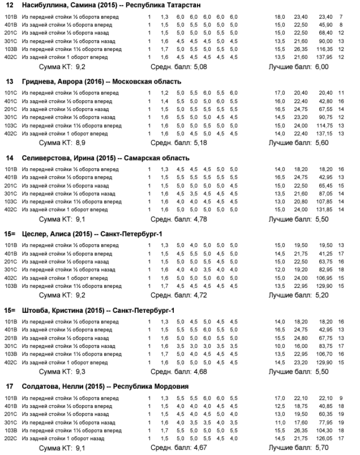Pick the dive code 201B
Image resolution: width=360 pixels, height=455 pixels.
point(10,338)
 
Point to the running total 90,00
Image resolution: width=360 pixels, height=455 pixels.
point(328,41)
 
